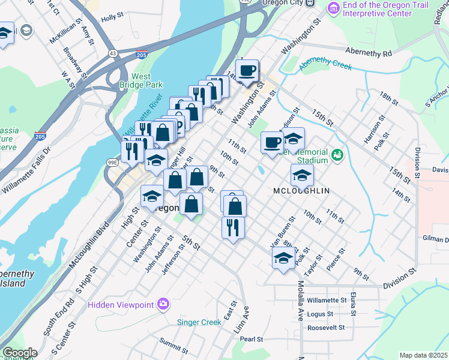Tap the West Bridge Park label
click(141, 80)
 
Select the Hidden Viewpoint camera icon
click(163, 304)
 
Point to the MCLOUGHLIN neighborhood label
click(302, 190)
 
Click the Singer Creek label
click(199, 322)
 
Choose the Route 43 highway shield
click(113, 53)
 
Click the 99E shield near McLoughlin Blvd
click(112, 162)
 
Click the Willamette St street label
click(327, 299)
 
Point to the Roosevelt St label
click(326, 328)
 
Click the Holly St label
click(112, 19)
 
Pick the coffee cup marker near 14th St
click(247, 71)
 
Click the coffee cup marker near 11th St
click(272, 143)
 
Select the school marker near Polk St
click(283, 258)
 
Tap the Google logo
click(20, 353)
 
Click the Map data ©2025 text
click(423, 355)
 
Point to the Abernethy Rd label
click(369, 53)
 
